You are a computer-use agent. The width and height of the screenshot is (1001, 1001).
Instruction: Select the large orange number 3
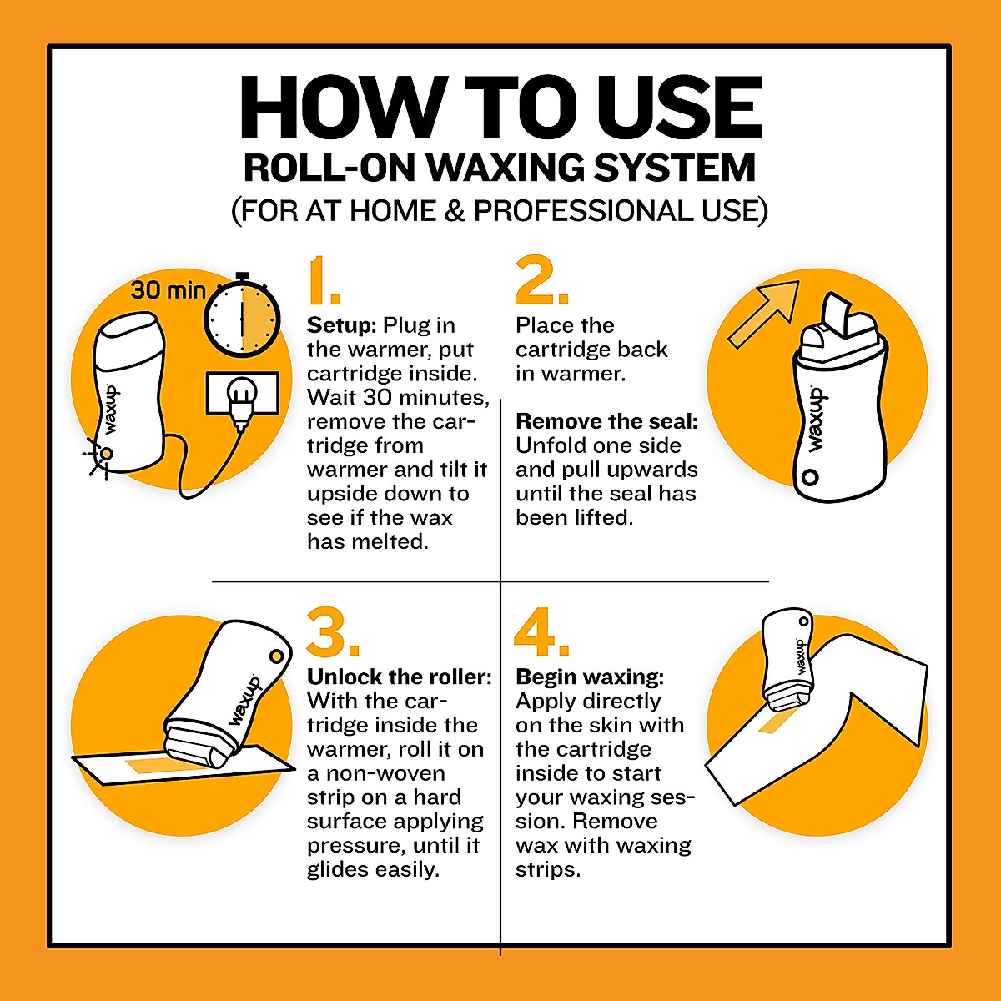tap(331, 631)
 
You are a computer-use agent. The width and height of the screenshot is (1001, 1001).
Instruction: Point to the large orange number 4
tap(541, 631)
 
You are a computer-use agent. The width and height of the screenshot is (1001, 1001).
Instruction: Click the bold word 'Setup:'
tap(342, 325)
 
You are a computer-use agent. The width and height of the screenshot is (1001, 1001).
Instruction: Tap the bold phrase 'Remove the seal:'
tap(606, 421)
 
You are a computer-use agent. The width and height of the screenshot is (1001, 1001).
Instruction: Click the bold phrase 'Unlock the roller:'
tap(400, 677)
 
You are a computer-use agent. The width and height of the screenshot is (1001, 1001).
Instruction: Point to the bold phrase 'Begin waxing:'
tap(590, 677)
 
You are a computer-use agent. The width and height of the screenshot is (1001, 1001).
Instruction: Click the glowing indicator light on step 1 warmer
tap(106, 453)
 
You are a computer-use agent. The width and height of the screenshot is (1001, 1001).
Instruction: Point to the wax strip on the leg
tap(776, 720)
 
